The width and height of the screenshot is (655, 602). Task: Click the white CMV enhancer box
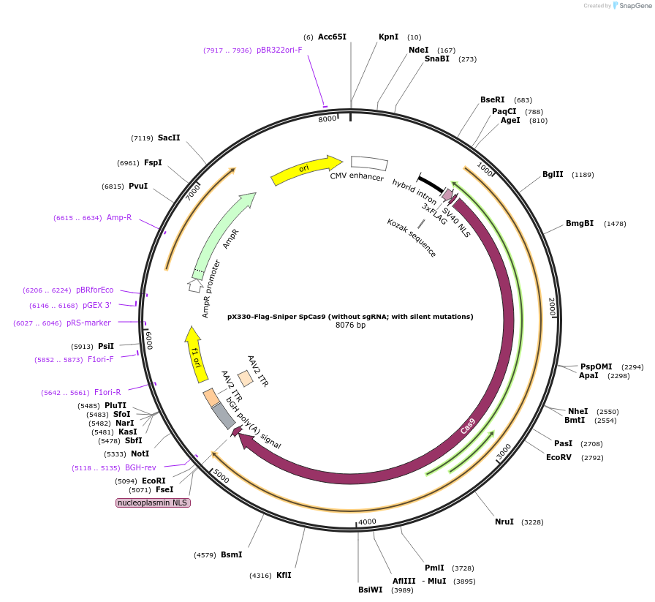[x=369, y=164]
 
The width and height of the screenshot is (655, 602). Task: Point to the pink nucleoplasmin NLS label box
[x=154, y=503]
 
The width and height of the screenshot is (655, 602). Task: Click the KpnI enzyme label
[x=388, y=37]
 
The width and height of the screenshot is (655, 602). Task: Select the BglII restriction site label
[x=553, y=174]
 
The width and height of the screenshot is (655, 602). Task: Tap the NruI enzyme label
[x=504, y=522]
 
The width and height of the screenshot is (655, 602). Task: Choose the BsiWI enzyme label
[x=370, y=590]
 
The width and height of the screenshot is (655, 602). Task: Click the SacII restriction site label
[x=169, y=138]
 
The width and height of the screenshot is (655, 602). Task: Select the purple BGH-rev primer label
[x=140, y=467]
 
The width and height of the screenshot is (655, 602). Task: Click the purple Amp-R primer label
[x=119, y=217]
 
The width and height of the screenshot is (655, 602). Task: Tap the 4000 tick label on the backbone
[x=367, y=522]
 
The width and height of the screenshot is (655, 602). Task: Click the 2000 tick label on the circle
[x=552, y=307]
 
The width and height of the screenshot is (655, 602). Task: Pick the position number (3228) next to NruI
[x=532, y=522]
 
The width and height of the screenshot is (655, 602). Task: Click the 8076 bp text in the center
[x=350, y=325]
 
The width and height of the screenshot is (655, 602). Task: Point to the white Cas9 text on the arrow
[x=468, y=426]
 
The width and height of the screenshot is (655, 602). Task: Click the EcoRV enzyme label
[x=559, y=457]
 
